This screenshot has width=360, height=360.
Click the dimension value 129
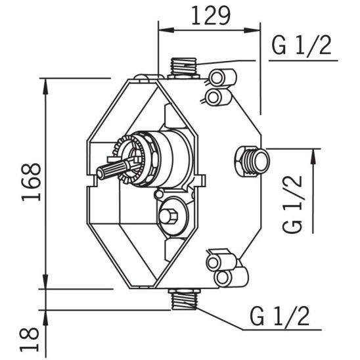click(210, 16)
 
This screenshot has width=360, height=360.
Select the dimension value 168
click(32, 182)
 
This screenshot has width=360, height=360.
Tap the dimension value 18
click(29, 340)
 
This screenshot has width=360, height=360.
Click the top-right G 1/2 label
click(302, 45)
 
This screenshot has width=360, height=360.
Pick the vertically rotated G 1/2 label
click(292, 204)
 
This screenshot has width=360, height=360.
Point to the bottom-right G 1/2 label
click(279, 316)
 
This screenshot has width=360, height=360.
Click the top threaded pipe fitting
click(184, 68)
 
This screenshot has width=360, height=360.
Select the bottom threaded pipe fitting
click(184, 298)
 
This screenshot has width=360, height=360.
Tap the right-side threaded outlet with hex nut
click(252, 161)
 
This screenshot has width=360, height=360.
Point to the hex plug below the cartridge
click(168, 216)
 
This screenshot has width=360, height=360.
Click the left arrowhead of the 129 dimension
click(166, 30)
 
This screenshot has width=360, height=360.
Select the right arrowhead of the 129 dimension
click(252, 30)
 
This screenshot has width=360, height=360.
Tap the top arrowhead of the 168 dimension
click(45, 86)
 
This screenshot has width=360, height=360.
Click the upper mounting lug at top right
click(222, 77)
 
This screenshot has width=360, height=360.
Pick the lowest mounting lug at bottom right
click(231, 277)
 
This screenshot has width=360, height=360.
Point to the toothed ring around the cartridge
click(129, 160)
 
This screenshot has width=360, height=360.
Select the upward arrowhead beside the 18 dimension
click(46, 318)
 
